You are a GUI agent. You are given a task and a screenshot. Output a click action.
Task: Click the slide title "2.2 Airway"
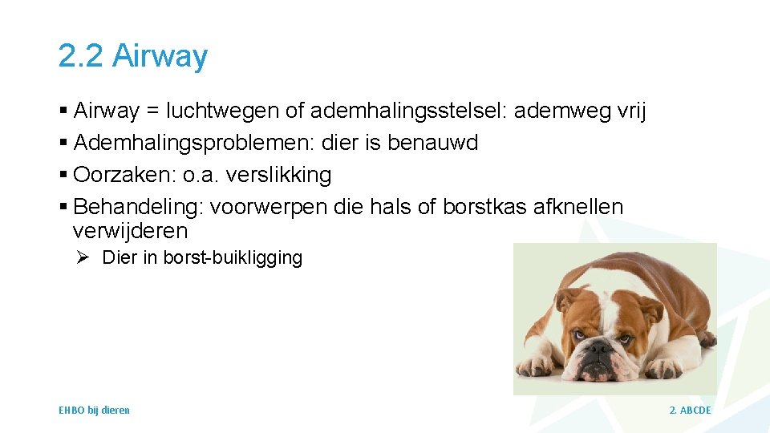(x=133, y=56)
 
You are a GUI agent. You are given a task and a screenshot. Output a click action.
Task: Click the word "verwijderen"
(x=130, y=231)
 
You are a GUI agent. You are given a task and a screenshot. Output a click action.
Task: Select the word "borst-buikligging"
(x=233, y=257)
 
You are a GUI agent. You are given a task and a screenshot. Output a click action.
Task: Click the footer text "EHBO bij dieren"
(x=94, y=411)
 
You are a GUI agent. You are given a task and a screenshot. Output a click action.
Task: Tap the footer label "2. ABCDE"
(x=690, y=411)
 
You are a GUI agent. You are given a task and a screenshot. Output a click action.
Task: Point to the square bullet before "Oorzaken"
(x=63, y=175)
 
